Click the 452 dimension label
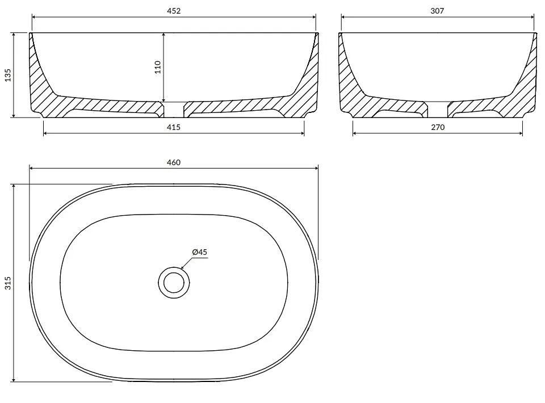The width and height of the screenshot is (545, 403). tap(174, 11)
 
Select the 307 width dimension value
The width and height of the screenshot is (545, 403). tap(437, 11)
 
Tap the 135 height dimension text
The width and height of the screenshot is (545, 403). tap(8, 75)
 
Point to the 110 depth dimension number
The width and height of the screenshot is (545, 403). tap(158, 67)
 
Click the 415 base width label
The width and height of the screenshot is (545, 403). tap(174, 127)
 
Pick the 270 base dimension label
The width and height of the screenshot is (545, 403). tap(438, 127)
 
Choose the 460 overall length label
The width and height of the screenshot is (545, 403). tap(174, 162)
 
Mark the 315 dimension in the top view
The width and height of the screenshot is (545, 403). tap(8, 283)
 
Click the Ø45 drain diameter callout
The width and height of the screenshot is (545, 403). tap(199, 252)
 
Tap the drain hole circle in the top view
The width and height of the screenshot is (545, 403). tap(174, 283)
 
